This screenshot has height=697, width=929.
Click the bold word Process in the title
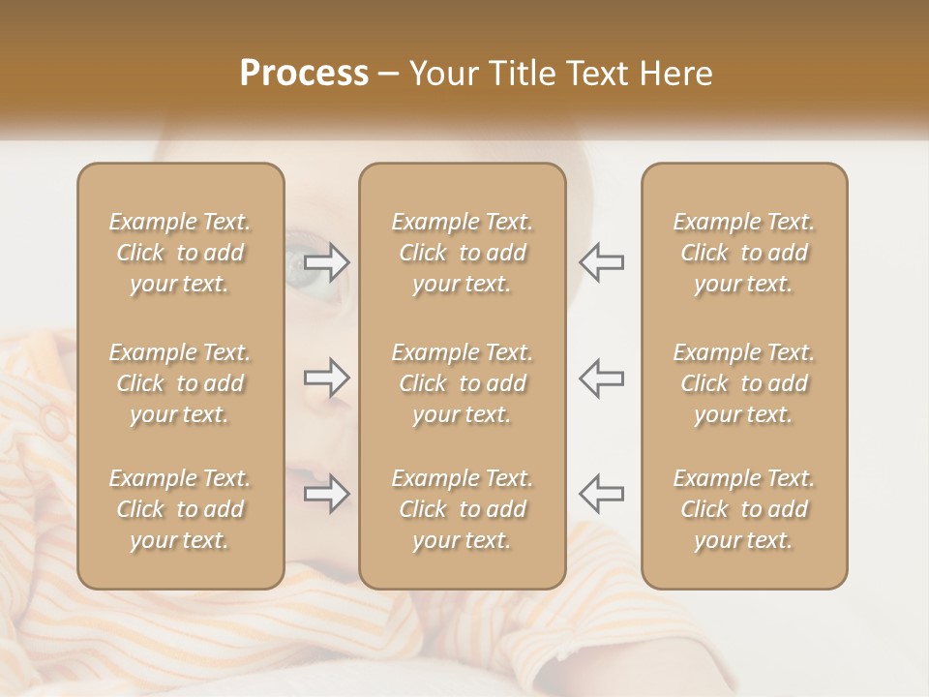pyautogui.click(x=304, y=74)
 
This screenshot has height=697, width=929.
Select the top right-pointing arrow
pyautogui.click(x=327, y=262)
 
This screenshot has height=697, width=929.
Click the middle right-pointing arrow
pyautogui.click(x=327, y=378)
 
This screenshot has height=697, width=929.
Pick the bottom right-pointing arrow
pyautogui.click(x=327, y=494)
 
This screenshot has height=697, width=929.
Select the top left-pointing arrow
pyautogui.click(x=601, y=262)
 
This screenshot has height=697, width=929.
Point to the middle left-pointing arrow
pyautogui.click(x=601, y=378)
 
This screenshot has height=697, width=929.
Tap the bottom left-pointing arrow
pyautogui.click(x=601, y=494)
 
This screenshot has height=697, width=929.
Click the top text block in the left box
pyautogui.click(x=180, y=253)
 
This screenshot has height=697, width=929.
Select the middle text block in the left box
pyautogui.click(x=180, y=383)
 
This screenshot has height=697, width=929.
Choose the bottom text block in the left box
pyautogui.click(x=180, y=509)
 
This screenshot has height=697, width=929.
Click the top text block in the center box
pyautogui.click(x=462, y=253)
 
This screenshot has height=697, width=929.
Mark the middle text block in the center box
pyautogui.click(x=462, y=383)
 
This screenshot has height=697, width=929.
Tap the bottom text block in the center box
pyautogui.click(x=462, y=509)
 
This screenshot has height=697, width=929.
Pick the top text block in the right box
pyautogui.click(x=743, y=253)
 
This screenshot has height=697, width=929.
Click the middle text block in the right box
pyautogui.click(x=743, y=383)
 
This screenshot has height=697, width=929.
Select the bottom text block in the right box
pyautogui.click(x=743, y=509)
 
